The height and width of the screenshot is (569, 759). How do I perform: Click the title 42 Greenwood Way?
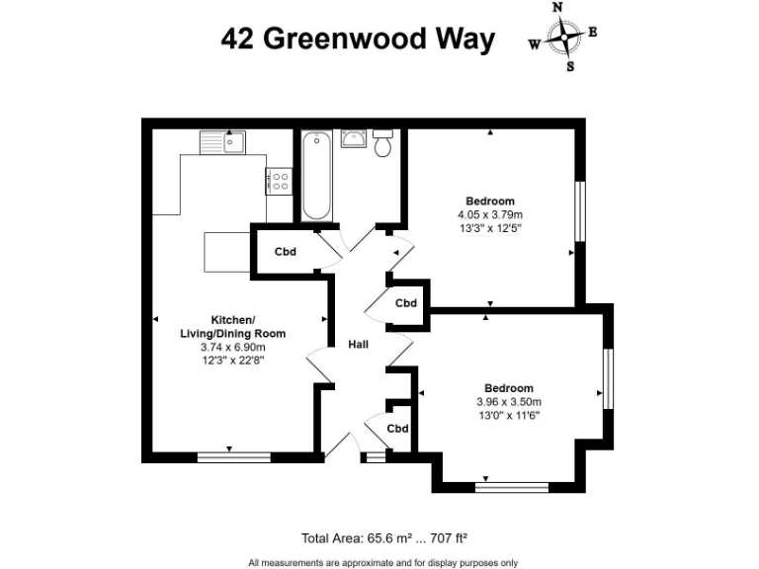click(x=357, y=40)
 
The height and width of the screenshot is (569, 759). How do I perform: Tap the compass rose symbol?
click(x=563, y=39)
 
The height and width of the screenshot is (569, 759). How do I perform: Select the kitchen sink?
click(x=221, y=143)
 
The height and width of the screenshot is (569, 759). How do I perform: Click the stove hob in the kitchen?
click(x=278, y=181)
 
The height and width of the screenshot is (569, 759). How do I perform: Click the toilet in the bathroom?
click(x=383, y=144)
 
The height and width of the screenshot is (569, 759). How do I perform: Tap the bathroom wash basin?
click(x=353, y=138)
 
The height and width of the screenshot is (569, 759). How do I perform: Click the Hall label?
click(x=359, y=345)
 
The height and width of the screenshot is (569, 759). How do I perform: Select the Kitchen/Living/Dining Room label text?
click(x=232, y=325)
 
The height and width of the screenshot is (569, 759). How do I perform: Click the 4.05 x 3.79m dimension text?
click(x=489, y=214)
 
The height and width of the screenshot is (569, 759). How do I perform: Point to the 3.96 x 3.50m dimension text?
click(x=509, y=402)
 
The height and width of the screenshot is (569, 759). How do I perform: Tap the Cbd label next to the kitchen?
click(x=286, y=251)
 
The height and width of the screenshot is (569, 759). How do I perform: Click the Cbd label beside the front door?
click(x=397, y=429)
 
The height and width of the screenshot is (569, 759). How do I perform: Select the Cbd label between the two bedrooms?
click(x=405, y=303)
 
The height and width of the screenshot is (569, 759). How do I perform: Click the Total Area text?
click(x=383, y=538)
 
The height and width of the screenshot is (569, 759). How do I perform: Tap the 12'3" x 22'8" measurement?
click(x=232, y=361)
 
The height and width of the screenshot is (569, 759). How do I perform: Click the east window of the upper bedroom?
click(x=582, y=212)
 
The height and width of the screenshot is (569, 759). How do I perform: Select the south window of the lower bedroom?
click(x=512, y=486)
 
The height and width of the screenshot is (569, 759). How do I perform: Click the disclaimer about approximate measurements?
click(x=382, y=562)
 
